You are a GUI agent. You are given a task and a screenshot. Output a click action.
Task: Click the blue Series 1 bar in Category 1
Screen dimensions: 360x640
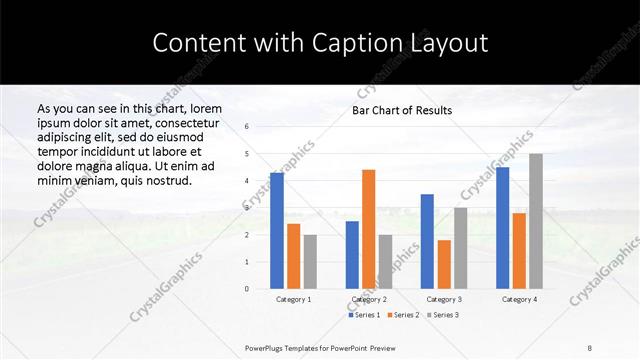[277, 231]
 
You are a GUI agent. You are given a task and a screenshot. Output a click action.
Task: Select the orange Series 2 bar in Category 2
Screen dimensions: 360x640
[369, 229]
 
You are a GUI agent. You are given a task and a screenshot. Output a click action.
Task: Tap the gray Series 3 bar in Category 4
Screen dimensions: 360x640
[536, 221]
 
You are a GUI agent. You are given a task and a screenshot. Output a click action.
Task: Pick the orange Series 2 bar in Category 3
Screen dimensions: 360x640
[444, 264]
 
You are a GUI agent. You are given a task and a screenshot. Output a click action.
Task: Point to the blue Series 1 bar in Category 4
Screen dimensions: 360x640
[502, 228]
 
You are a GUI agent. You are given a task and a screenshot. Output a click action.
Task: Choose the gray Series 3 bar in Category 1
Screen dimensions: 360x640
[311, 262]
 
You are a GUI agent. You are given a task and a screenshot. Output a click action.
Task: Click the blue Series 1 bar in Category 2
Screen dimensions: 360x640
[352, 255]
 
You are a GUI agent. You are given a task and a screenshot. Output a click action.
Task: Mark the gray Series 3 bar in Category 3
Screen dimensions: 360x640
[461, 248]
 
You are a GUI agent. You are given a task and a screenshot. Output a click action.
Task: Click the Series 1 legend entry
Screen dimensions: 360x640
[363, 315]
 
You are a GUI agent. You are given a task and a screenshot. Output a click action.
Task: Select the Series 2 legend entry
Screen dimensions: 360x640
[401, 315]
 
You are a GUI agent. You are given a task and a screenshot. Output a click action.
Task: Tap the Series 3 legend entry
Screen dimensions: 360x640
[441, 315]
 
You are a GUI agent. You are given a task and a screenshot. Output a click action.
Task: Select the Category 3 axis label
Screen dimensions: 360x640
[444, 299]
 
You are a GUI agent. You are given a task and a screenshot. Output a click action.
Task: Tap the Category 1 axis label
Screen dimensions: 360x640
[294, 299]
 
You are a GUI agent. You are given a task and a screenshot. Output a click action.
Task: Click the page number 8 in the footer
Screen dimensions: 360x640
[590, 347]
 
